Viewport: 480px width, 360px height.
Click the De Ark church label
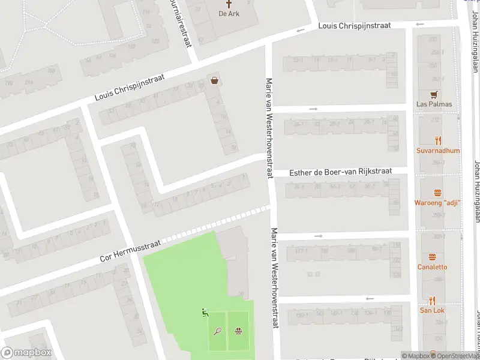pyautogui.click(x=229, y=13)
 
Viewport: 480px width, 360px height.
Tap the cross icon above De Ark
pyautogui.click(x=229, y=4)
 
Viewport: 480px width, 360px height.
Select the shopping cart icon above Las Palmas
pyautogui.click(x=434, y=94)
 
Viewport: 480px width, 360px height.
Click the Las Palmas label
pyautogui.click(x=434, y=104)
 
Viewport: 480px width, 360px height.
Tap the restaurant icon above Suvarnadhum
pyautogui.click(x=438, y=141)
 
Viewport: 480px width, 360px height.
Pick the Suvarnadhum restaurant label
pyautogui.click(x=438, y=151)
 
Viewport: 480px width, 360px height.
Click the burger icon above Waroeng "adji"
pyautogui.click(x=437, y=193)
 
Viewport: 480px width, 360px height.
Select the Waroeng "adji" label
pyautogui.click(x=437, y=203)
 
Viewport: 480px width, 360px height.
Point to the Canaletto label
pyautogui.click(x=433, y=266)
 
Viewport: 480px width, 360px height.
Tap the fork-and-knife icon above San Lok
pyautogui.click(x=432, y=300)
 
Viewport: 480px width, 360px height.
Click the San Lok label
pyautogui.click(x=432, y=310)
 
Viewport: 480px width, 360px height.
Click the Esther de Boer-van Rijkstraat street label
pyautogui.click(x=340, y=172)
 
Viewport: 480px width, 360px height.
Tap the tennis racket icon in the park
pyautogui.click(x=218, y=331)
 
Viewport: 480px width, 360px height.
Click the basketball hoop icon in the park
pyautogui.click(x=239, y=331)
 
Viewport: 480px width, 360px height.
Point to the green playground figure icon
pyautogui.click(x=205, y=312)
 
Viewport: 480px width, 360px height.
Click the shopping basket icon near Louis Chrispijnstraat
pyautogui.click(x=214, y=80)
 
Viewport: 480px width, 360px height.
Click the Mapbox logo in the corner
pyautogui.click(x=26, y=353)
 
